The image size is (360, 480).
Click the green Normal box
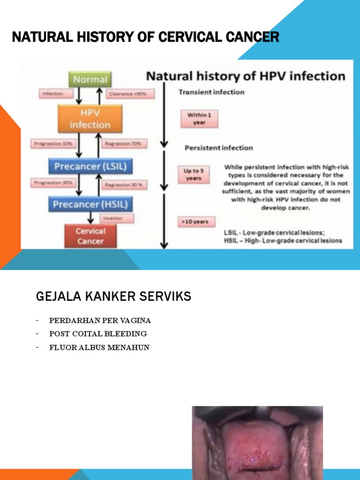(90, 79)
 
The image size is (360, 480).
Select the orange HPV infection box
(90, 119)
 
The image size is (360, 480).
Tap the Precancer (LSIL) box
(90, 166)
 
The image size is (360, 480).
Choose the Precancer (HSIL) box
(90, 204)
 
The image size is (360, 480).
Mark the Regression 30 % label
(124, 185)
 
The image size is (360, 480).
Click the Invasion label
(116, 218)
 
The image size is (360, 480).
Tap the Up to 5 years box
(193, 174)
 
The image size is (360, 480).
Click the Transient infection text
(211, 92)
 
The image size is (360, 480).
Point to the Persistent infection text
(218, 148)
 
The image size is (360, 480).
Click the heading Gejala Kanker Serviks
(113, 297)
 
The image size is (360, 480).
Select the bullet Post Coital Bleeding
(98, 334)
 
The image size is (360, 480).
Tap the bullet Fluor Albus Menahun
(99, 347)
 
